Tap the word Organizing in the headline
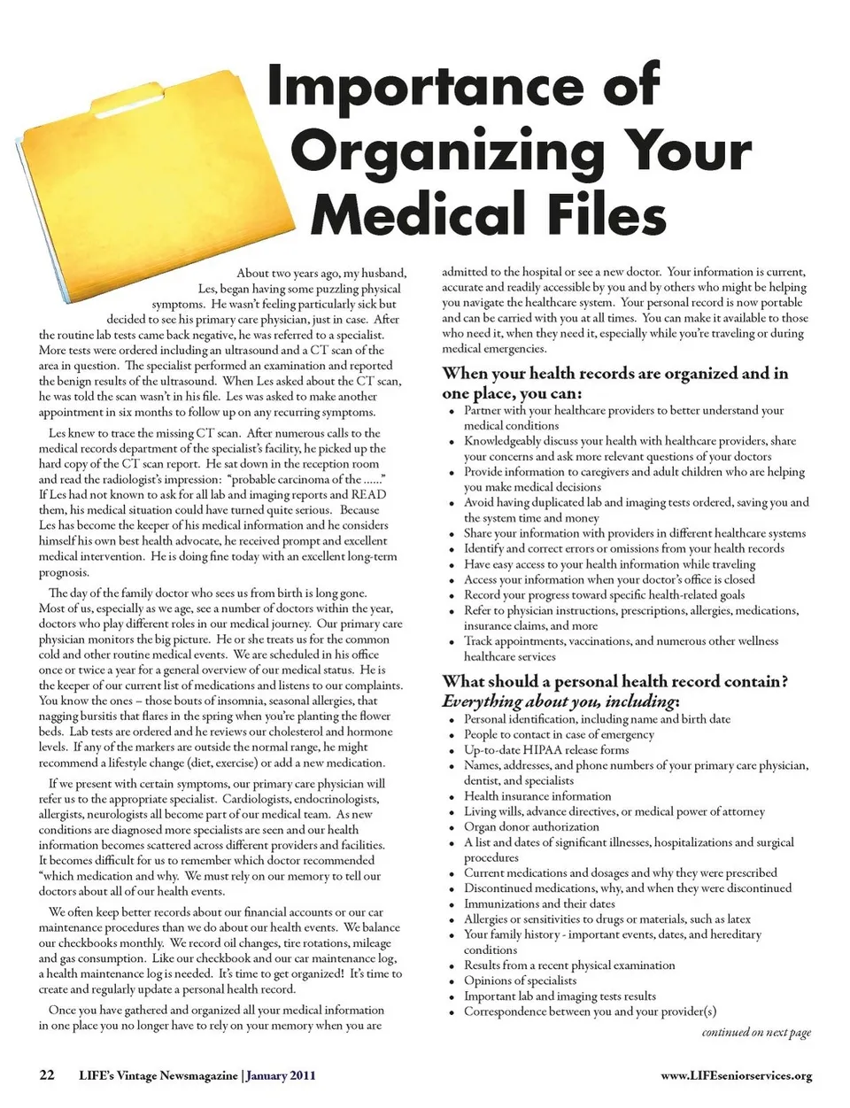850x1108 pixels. (x=456, y=151)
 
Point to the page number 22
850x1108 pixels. (x=47, y=1075)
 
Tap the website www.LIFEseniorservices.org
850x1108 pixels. (x=736, y=1076)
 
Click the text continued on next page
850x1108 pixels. (x=756, y=1032)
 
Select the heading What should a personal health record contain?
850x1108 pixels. (x=614, y=681)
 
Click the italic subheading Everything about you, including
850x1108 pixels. (x=560, y=701)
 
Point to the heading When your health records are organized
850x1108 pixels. (x=614, y=374)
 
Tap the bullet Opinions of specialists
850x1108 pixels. (x=520, y=980)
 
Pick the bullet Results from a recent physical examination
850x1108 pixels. (x=569, y=965)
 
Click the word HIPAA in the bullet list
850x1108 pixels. (x=542, y=750)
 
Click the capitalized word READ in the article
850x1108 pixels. (x=368, y=494)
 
